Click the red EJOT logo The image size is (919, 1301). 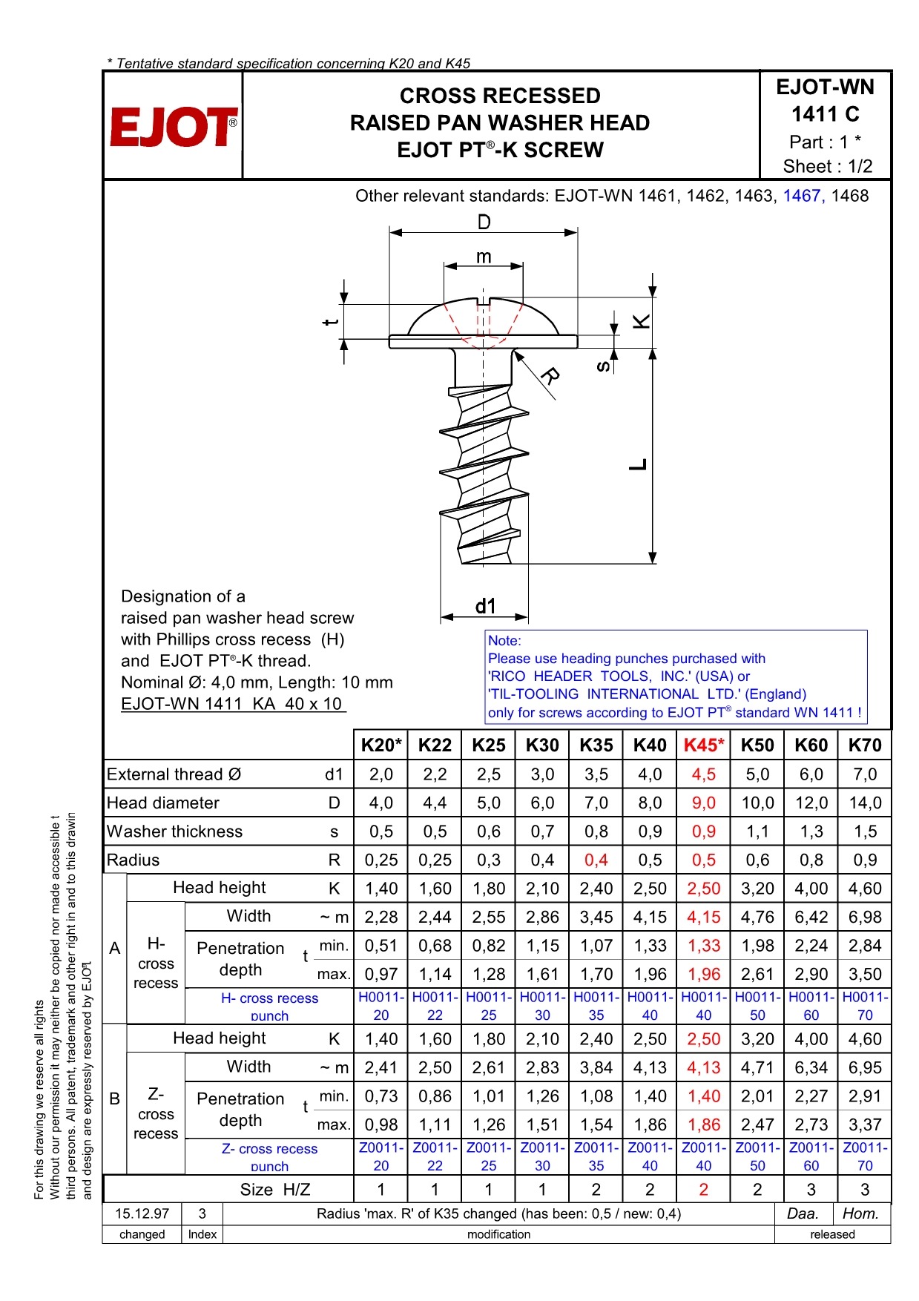174,127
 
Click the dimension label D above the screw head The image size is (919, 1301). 484,222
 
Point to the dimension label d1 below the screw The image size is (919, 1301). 485,607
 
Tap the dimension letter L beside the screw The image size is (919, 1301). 639,464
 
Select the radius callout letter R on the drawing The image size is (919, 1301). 550,376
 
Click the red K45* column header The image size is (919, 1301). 703,745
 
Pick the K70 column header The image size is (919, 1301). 865,745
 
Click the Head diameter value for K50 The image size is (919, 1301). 757,803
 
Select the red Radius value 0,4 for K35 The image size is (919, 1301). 596,860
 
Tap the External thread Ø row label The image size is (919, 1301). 174,774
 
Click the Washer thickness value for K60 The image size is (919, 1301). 811,831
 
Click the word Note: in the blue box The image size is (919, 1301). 504,641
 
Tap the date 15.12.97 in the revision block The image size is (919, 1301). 142,1213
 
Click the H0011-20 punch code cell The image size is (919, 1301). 381,1006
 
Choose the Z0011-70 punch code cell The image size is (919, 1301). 865,1156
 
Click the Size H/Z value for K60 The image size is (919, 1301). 811,1190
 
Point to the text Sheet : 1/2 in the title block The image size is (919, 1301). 828,166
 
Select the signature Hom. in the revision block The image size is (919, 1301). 860,1213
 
